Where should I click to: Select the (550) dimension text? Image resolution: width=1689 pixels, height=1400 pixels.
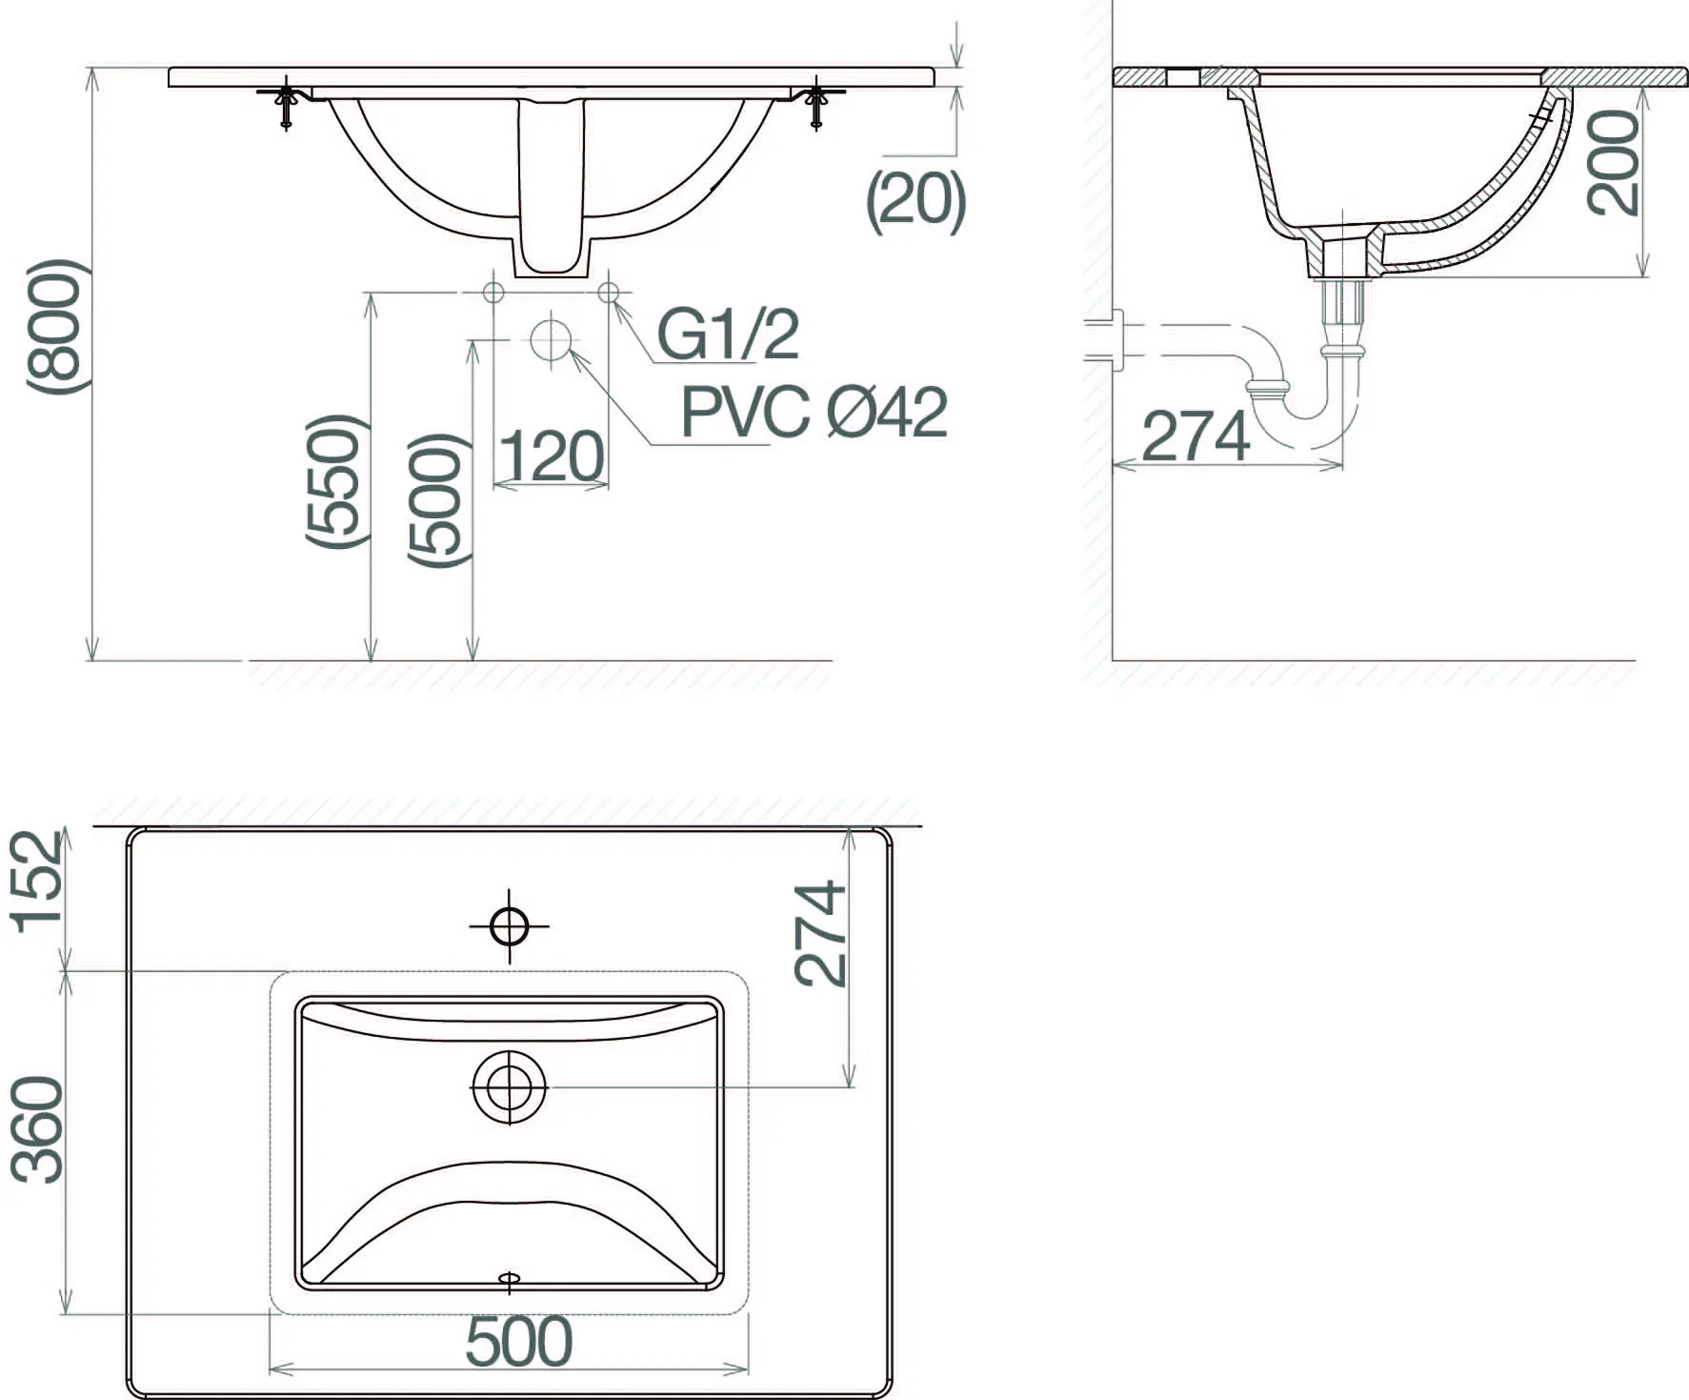pyautogui.click(x=334, y=481)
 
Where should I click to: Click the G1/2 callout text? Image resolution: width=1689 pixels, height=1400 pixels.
pyautogui.click(x=728, y=334)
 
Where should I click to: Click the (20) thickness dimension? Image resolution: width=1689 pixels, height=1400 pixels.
pyautogui.click(x=915, y=201)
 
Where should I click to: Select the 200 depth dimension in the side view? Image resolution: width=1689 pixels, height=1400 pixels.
pyautogui.click(x=1613, y=161)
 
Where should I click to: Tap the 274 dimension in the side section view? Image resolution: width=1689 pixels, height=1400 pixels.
pyautogui.click(x=1196, y=436)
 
